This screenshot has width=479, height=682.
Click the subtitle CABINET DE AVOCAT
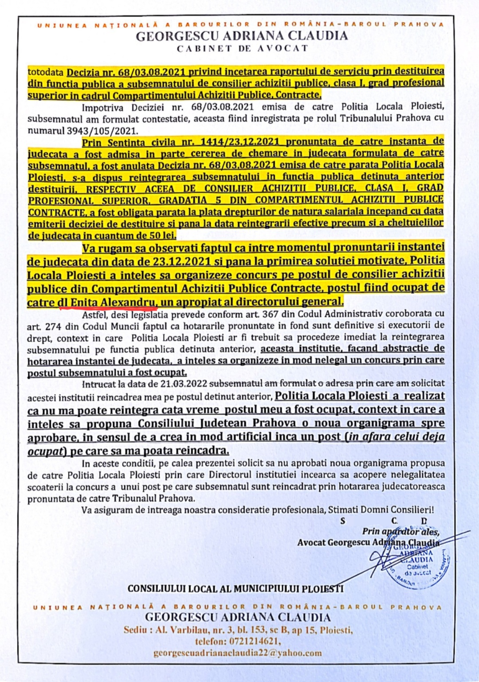(x=242, y=49)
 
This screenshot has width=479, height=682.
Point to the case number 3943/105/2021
(x=83, y=130)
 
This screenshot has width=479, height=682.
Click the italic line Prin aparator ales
(x=400, y=531)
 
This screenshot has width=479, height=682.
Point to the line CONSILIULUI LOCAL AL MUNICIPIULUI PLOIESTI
(x=235, y=588)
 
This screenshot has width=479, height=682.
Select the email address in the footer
(x=238, y=653)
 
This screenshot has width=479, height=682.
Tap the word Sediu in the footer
(x=135, y=630)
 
